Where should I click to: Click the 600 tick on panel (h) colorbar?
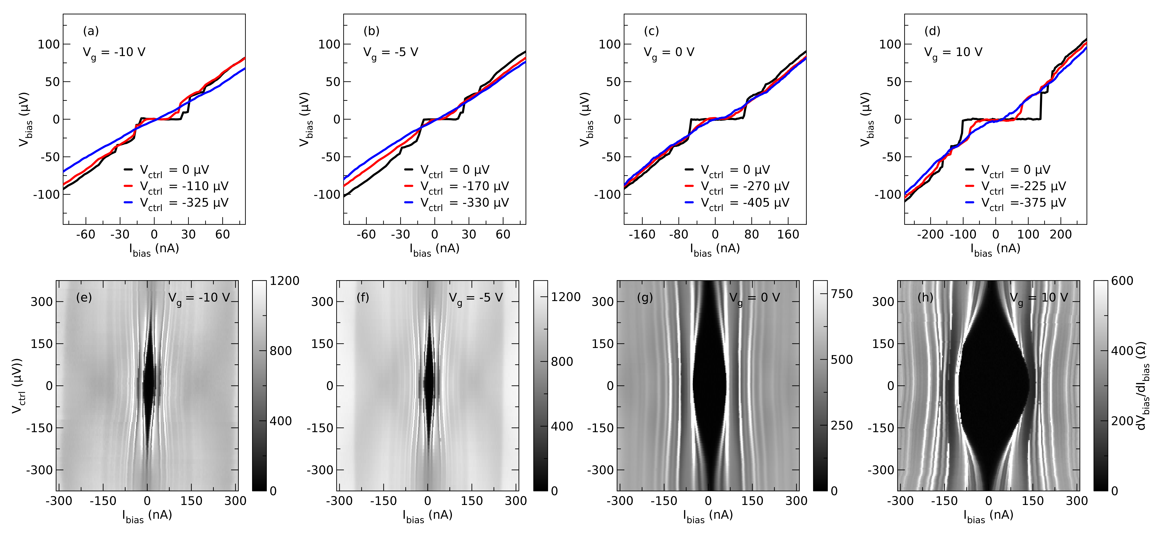1122,281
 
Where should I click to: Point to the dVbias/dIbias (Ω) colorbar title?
1143,386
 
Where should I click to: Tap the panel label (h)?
925,297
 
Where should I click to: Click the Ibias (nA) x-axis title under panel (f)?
427,516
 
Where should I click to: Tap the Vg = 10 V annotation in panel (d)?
953,52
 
